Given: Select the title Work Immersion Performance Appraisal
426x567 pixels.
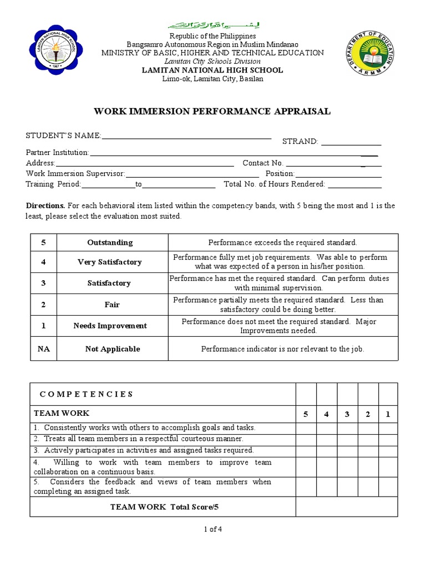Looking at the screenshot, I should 213,111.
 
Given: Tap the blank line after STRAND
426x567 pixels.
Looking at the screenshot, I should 352,143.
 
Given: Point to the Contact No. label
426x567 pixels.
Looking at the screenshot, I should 263,163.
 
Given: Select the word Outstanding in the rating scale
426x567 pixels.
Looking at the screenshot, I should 110,243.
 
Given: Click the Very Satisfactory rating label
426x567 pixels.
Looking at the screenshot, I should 110,262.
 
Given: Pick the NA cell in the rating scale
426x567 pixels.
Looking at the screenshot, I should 43,349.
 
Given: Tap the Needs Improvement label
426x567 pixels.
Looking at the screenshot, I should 110,326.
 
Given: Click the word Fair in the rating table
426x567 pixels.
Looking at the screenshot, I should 111,305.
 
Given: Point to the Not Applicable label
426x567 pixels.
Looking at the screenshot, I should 112,349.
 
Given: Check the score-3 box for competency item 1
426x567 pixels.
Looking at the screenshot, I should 347,428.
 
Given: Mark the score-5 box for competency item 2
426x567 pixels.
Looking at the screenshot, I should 306,439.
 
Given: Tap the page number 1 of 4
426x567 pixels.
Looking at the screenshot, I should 212,529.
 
